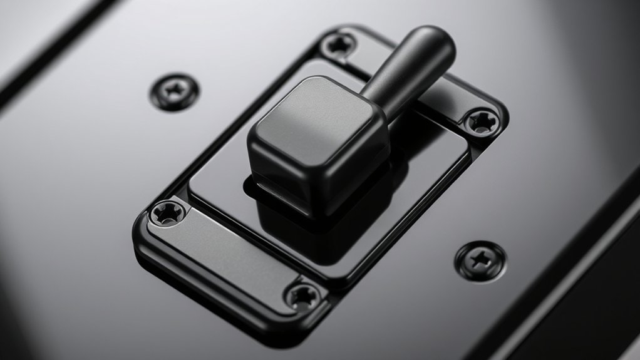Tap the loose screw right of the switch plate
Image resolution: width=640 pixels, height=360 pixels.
pos(480,260)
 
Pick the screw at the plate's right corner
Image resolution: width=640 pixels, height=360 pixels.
pos(481,121)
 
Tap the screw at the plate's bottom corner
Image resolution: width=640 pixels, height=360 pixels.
pos(304,294)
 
